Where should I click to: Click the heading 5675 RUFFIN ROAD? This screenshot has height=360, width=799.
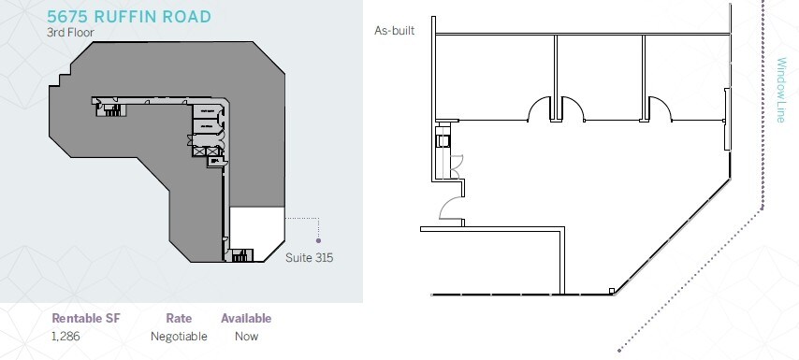coord(129,16)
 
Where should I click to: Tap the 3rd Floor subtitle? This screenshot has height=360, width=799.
coord(70,32)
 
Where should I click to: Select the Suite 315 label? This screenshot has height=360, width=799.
coord(310,258)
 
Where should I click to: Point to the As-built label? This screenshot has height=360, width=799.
coord(395,31)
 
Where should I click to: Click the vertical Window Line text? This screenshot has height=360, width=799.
coord(780,90)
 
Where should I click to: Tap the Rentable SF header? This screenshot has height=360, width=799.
coord(86,318)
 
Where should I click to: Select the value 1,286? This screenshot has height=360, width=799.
coord(65,336)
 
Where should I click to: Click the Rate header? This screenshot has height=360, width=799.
coord(179,318)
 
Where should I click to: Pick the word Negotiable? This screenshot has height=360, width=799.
coord(179,336)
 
